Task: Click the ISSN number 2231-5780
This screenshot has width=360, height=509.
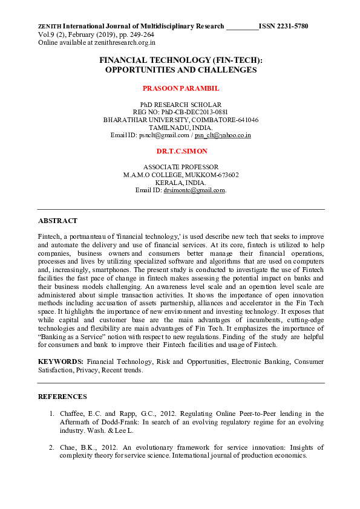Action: [292, 27]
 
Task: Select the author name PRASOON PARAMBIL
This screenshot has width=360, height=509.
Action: [180, 88]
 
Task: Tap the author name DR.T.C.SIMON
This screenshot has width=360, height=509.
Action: [180, 150]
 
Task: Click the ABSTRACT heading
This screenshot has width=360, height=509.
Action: [57, 221]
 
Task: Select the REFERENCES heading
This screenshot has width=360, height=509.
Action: [62, 397]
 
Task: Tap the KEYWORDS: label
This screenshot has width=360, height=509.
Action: [61, 361]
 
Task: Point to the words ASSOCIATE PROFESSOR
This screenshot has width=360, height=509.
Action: [180, 167]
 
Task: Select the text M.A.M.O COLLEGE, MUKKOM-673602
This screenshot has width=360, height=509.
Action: [180, 175]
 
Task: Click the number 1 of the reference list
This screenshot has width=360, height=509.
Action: [51, 414]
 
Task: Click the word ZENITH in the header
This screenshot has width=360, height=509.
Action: [49, 27]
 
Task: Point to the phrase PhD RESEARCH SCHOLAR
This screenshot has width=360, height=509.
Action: [180, 105]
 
